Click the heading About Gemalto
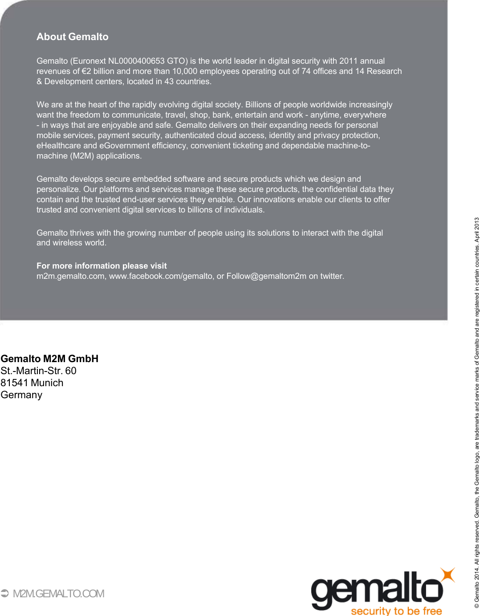[73, 37]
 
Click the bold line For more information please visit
[102, 266]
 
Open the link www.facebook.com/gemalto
[161, 276]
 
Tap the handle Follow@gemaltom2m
[266, 276]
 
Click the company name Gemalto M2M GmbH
[49, 359]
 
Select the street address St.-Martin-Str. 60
[38, 371]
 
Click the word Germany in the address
[21, 395]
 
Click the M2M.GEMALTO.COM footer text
[58, 594]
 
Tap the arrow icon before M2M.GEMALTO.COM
[5, 594]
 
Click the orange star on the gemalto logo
[448, 575]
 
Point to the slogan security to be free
[396, 611]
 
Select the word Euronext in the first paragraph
[90, 61]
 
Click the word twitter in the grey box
[331, 276]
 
